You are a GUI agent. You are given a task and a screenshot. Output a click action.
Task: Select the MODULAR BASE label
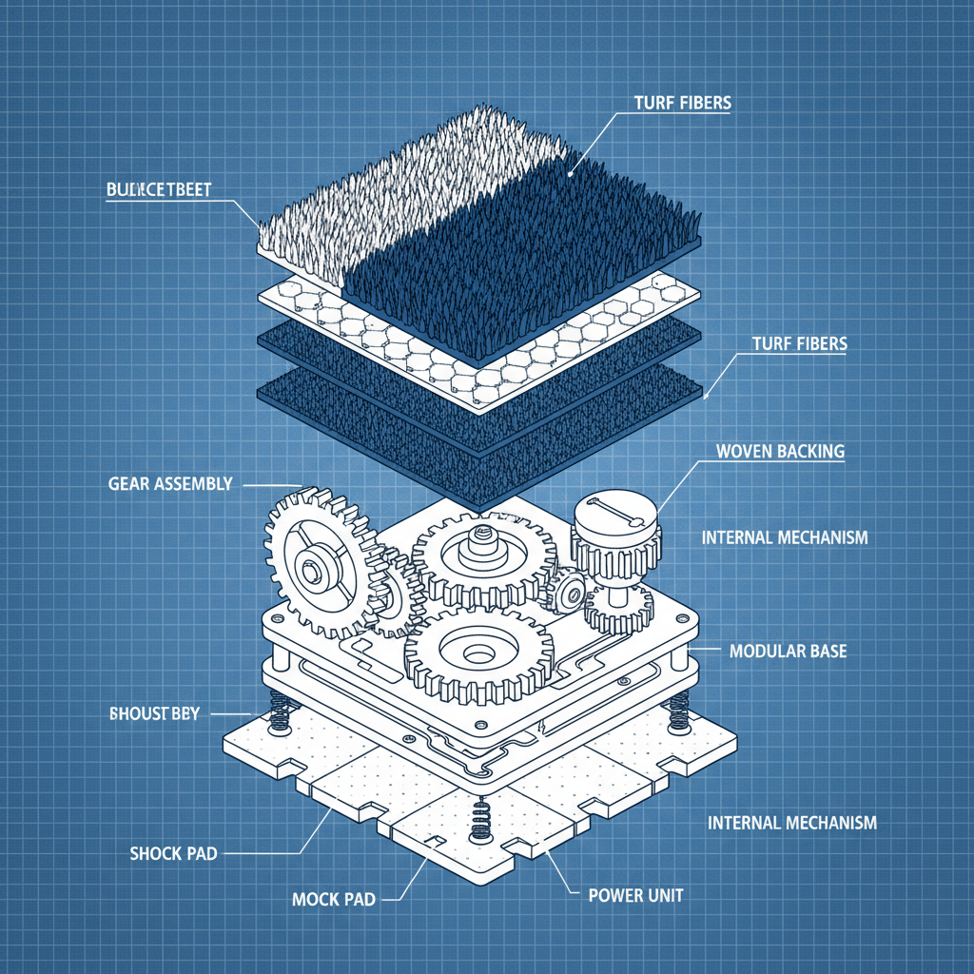pyautogui.click(x=788, y=652)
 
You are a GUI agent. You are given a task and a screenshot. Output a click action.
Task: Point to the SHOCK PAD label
pyautogui.click(x=173, y=853)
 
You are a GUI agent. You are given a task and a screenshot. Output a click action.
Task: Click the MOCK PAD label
pyautogui.click(x=328, y=899)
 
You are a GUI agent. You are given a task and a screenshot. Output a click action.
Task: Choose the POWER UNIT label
pyautogui.click(x=635, y=895)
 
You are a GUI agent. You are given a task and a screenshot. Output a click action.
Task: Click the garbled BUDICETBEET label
pyautogui.click(x=159, y=189)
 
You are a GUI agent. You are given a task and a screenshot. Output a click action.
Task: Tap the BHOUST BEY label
pyautogui.click(x=155, y=713)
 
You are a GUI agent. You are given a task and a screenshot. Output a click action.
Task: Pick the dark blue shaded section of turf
pyautogui.click(x=533, y=257)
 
